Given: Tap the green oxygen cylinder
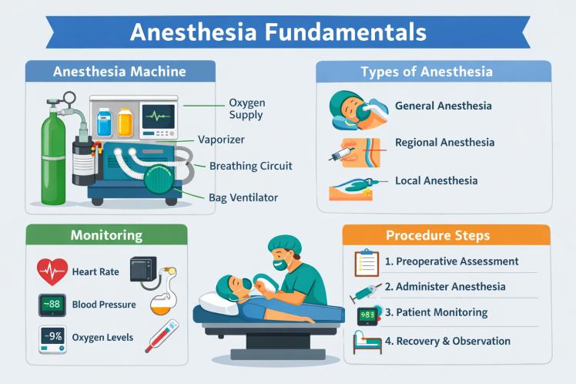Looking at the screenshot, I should tap(53, 162).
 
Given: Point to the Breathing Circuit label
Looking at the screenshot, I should tap(250, 166).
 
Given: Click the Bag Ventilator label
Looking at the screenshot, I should tap(243, 197).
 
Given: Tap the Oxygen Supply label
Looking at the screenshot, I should tap(246, 109).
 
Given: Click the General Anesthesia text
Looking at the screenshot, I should tap(443, 106).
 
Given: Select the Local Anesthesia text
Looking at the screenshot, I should tap(436, 180).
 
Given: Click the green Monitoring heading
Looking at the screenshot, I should tap(107, 235).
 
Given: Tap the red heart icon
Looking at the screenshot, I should tap(52, 272).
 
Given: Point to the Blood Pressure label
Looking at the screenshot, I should tap(103, 305).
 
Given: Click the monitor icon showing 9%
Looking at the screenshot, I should tap(52, 338).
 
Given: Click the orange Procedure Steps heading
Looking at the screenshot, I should tap(448, 235).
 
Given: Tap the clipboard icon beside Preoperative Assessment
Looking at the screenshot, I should tap(366, 263).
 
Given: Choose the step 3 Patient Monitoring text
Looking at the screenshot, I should tap(436, 312).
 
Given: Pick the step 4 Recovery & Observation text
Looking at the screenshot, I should tap(447, 341).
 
